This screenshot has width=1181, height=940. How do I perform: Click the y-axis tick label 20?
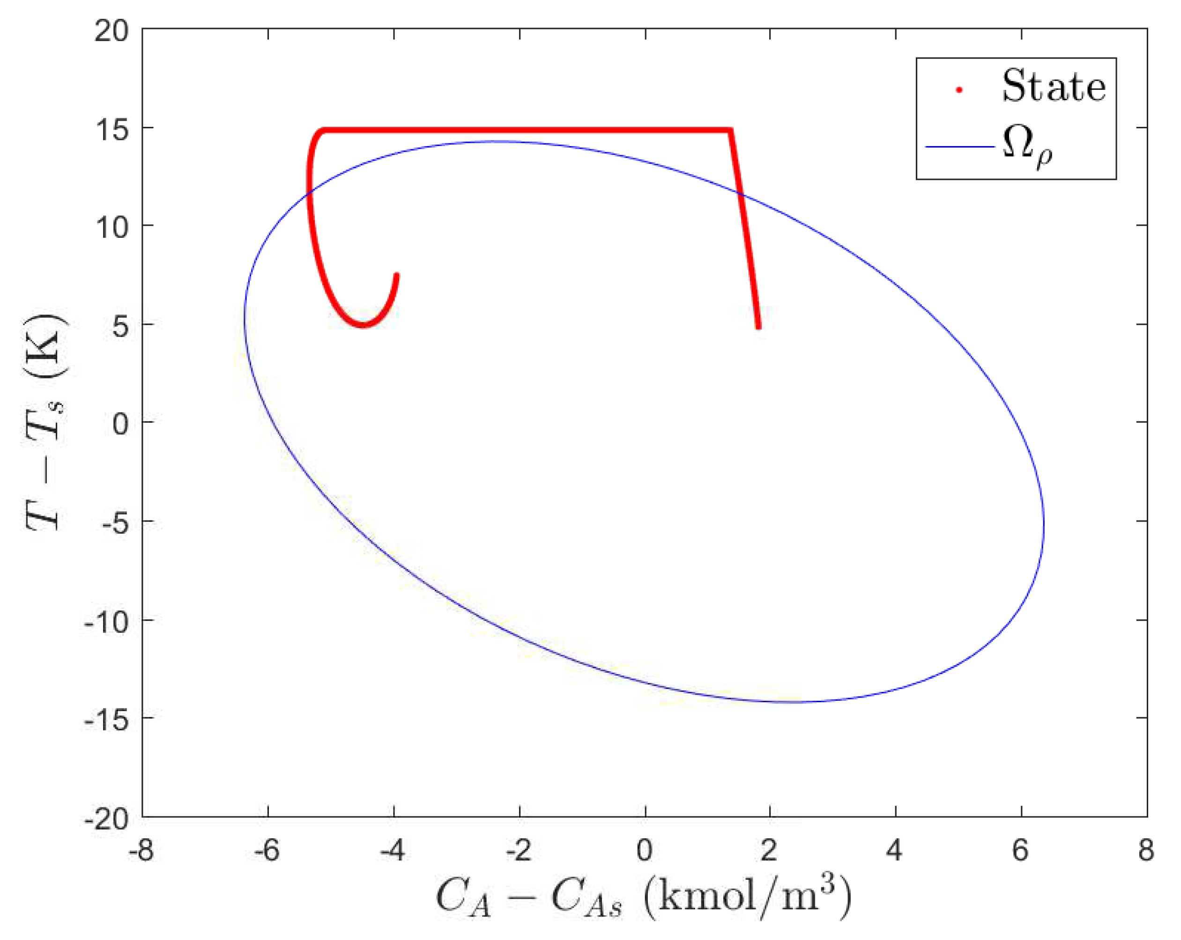pos(111,31)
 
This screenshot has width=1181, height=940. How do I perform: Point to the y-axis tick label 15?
pos(111,130)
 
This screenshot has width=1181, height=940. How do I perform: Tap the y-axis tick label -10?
pos(106,622)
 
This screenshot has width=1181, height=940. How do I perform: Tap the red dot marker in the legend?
pos(959,90)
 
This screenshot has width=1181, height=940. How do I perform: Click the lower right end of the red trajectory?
pos(758,327)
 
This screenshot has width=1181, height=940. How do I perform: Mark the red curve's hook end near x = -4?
pos(397,275)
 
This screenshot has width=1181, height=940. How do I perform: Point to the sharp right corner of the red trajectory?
pos(730,130)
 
